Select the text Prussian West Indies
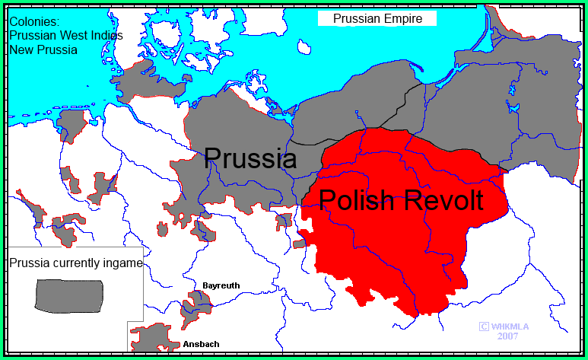pyautogui.click(x=66, y=36)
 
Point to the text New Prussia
pyautogui.click(x=43, y=49)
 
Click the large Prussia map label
pyautogui.click(x=250, y=158)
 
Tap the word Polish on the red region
pyautogui.click(x=357, y=200)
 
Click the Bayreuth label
pyautogui.click(x=221, y=285)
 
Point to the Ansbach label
pyautogui.click(x=201, y=344)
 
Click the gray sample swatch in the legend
pyautogui.click(x=69, y=295)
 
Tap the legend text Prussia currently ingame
pyautogui.click(x=75, y=263)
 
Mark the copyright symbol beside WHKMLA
pyautogui.click(x=483, y=326)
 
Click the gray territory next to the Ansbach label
pyautogui.click(x=156, y=338)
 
